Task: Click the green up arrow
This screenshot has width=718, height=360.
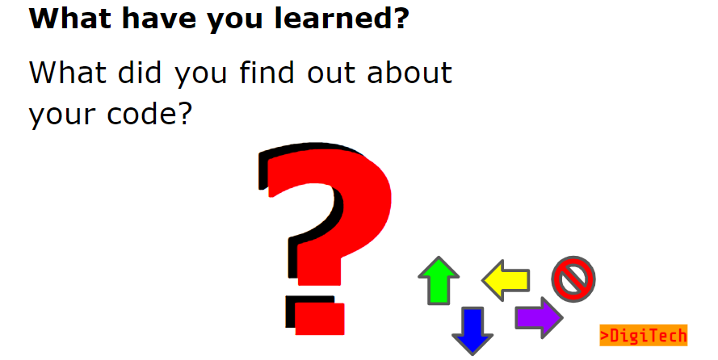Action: pos(439,280)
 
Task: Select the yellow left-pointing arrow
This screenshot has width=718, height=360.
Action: pos(506,280)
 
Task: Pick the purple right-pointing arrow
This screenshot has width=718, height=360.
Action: pos(539,318)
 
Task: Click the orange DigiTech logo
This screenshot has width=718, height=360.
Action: pos(644,335)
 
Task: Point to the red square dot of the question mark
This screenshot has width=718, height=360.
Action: pos(320,319)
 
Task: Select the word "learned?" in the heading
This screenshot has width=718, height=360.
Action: pos(342,19)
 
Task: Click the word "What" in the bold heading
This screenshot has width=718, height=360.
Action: pos(70,19)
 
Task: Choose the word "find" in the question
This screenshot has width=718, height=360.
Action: pos(266,73)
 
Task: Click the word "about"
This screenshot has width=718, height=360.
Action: pos(409,73)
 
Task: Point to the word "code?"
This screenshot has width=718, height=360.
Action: pos(149,114)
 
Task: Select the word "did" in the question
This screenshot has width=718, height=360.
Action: pos(140,73)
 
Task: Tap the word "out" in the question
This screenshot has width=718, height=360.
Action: pos(331,74)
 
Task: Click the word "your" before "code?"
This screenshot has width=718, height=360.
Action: pos(62,116)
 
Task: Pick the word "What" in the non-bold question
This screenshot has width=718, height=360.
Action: pos(68,73)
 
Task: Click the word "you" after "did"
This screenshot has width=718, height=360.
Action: pos(201,76)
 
